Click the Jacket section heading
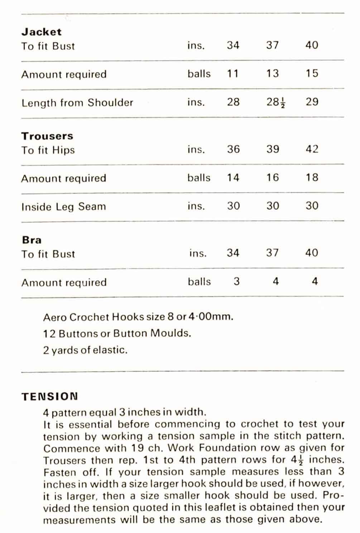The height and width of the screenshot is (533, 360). (41, 32)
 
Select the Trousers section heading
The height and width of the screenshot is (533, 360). (47, 136)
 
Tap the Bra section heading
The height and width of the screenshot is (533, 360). (32, 240)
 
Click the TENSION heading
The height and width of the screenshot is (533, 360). (49, 397)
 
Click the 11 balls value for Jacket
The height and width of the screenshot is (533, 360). (233, 74)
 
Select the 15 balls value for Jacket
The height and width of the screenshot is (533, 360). (312, 73)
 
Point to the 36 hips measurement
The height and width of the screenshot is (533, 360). (233, 149)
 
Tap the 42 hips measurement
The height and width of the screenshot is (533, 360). (312, 149)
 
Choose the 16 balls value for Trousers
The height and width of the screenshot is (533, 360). (273, 178)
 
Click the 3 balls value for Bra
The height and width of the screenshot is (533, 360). (236, 282)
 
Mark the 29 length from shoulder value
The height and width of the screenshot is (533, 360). (312, 102)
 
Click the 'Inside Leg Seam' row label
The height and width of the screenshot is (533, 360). (63, 207)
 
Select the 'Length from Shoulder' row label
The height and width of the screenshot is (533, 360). (77, 103)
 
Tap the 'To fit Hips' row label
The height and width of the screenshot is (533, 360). (48, 150)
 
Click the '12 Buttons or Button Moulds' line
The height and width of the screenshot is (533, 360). (117, 334)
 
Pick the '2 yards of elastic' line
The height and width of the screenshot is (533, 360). (85, 350)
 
